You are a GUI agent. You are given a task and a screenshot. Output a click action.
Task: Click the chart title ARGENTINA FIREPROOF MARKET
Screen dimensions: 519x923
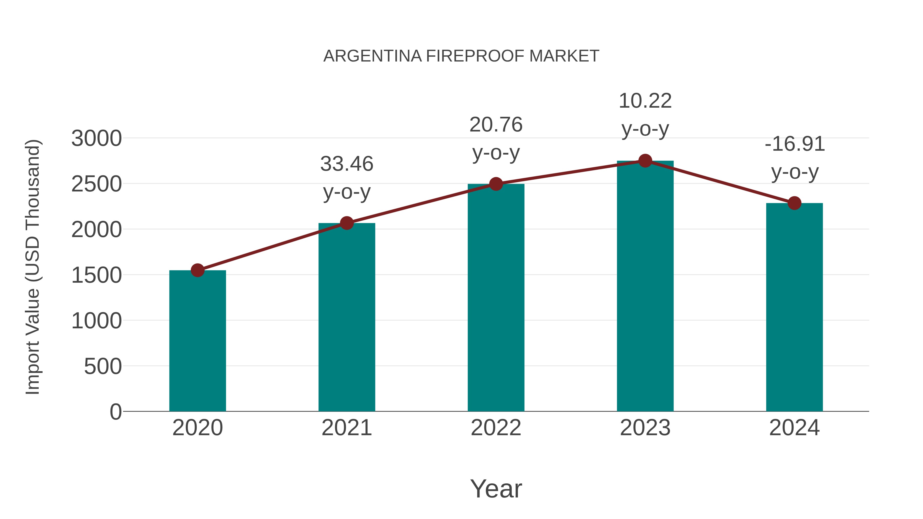[x=461, y=56]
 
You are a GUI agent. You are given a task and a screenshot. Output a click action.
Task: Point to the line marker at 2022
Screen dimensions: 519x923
[x=496, y=184]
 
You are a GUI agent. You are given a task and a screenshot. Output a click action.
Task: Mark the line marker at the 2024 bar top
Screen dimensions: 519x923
[x=794, y=203]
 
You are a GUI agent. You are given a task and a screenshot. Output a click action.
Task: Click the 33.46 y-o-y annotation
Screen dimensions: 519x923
[x=346, y=178]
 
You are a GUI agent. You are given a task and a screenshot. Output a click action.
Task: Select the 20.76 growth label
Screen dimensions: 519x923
[x=496, y=139]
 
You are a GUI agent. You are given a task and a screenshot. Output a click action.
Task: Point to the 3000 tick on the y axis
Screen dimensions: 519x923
[x=97, y=139]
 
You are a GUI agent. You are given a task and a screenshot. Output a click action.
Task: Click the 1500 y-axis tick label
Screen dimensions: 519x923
[x=97, y=276]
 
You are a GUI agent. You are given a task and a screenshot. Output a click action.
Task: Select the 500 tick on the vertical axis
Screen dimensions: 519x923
[x=103, y=367]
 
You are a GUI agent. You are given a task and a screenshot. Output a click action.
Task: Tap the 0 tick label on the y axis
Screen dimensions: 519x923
[x=116, y=412]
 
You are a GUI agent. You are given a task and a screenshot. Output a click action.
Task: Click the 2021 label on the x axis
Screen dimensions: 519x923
[x=346, y=428]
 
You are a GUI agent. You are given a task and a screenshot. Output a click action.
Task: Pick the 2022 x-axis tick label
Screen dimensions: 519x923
[x=496, y=428]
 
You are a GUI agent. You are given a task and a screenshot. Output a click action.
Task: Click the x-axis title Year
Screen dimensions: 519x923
[x=496, y=489]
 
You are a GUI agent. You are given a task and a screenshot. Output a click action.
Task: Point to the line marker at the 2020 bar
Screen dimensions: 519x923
[x=197, y=270]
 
